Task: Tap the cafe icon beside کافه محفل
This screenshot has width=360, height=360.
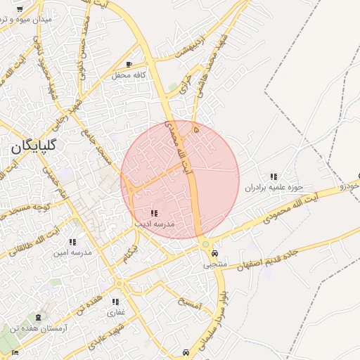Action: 129,64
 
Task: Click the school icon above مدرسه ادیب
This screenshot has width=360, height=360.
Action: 154,212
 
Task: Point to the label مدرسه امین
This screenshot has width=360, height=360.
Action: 74,252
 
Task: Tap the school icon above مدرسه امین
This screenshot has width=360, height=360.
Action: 72,242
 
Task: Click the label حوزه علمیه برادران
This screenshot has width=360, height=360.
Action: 274,187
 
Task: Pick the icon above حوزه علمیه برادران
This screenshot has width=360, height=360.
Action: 274,176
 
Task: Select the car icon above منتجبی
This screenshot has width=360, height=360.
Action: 214,254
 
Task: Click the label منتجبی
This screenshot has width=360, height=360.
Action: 216,264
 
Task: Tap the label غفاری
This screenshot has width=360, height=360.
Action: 115,311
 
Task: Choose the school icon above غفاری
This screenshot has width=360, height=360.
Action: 115,302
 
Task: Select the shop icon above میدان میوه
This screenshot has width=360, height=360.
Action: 19,8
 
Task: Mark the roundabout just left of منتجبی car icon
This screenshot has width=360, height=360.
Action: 205,244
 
